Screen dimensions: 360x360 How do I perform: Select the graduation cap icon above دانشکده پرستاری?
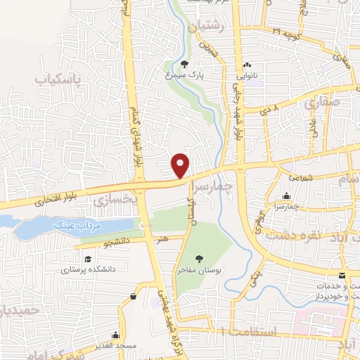tap(70, 256)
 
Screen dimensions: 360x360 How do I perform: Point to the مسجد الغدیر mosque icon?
tap(133, 297)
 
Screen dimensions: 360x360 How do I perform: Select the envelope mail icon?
tap(342, 275)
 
